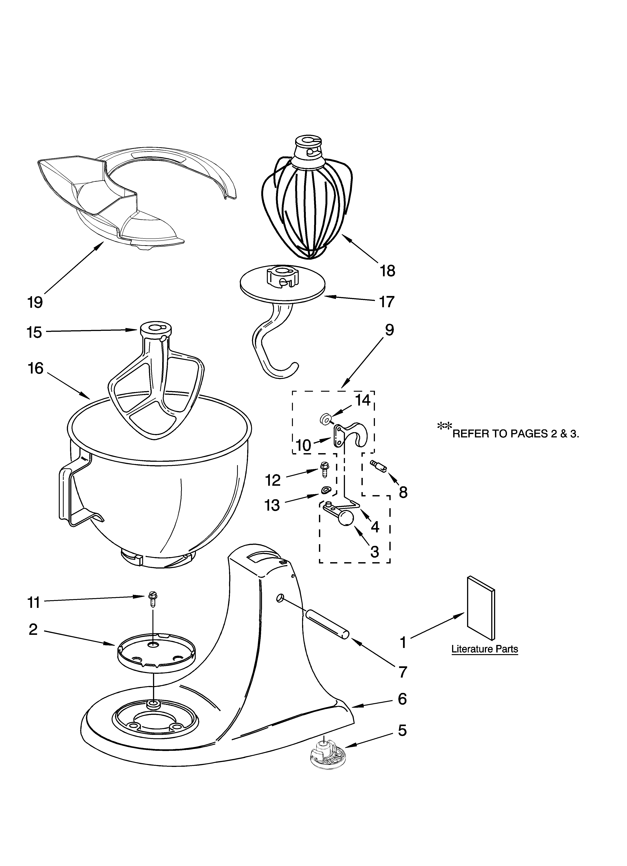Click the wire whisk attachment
(305, 206)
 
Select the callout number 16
(36, 368)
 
